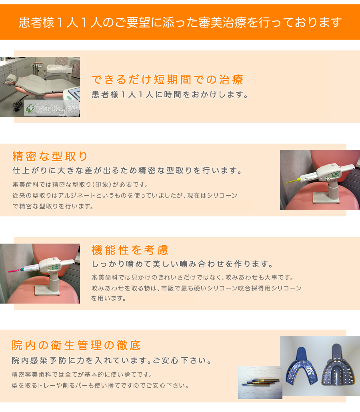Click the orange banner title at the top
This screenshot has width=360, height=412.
coord(180,22)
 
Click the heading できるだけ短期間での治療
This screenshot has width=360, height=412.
coord(167,80)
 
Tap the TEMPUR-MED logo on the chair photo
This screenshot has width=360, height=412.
coord(52,108)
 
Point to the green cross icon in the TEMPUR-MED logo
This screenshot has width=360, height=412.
coord(30,108)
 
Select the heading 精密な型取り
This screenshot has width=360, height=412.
coord(50,156)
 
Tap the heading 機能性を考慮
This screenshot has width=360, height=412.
coord(130,250)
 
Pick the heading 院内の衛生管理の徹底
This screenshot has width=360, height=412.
coord(76,345)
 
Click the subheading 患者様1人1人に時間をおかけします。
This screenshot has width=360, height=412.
coord(170,94)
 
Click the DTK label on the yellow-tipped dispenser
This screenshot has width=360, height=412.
coord(336,174)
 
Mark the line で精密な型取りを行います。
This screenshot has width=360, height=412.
coord(53,206)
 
